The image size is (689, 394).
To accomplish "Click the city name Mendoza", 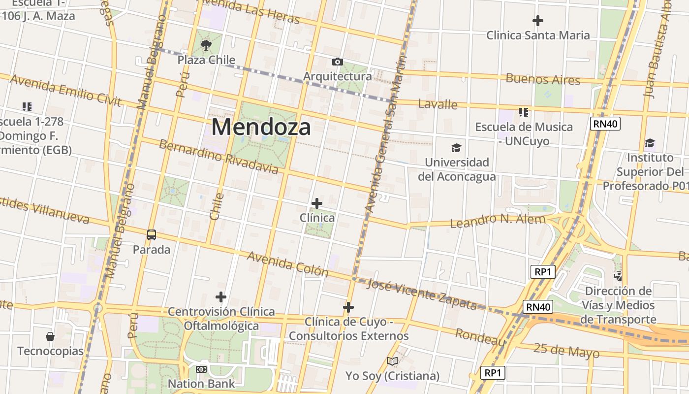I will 261,127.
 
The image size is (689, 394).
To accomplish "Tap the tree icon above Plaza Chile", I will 206,46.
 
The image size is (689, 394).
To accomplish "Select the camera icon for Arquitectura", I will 337,62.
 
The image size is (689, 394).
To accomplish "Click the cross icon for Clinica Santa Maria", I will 538,21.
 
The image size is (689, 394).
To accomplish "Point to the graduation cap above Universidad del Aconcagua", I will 457,148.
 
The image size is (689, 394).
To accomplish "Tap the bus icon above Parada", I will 152,235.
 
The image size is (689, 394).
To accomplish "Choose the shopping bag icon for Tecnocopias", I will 50,336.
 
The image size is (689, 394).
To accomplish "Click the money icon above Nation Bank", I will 201,369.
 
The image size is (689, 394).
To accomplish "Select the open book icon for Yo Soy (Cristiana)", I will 392,361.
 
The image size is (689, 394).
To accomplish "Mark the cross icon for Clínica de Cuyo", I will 348,307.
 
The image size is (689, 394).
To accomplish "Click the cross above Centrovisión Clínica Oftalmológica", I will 221,296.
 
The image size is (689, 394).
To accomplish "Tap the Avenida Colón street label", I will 287,264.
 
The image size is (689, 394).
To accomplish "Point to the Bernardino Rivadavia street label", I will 219,157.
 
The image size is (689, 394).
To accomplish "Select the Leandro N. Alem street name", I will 498,221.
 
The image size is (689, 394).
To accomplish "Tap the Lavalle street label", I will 438,104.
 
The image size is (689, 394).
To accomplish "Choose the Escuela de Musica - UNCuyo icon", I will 524,112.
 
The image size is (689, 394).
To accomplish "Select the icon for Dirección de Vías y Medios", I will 618,276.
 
